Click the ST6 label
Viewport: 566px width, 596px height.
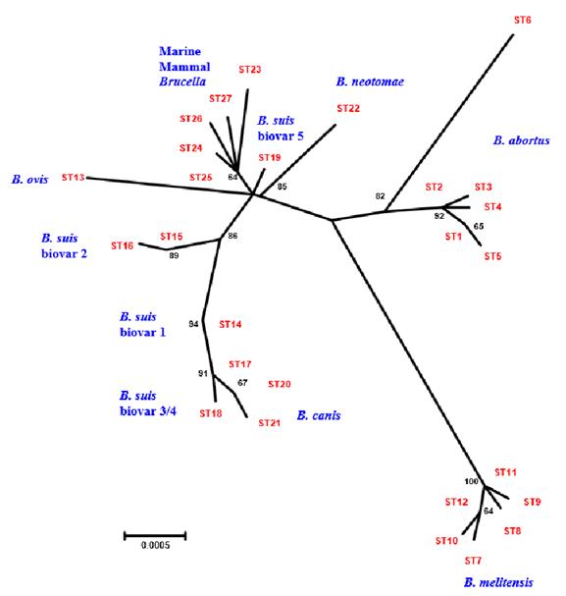[x=522, y=20]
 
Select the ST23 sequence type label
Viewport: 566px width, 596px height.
[x=250, y=70]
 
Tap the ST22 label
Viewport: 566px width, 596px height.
[x=348, y=108]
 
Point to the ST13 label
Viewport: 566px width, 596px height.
[x=73, y=177]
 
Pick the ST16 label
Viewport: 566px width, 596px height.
[x=122, y=245]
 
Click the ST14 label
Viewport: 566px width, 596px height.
[x=231, y=324]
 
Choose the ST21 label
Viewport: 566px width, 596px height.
[x=269, y=422]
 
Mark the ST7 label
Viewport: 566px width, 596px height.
[x=473, y=561]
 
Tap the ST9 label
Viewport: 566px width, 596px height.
[x=532, y=502]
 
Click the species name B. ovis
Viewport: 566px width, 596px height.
[x=30, y=180]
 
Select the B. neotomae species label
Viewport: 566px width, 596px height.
[x=370, y=81]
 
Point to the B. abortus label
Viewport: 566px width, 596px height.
[x=522, y=140]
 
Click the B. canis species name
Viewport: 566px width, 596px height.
[x=319, y=415]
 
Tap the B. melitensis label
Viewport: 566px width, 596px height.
[x=498, y=582]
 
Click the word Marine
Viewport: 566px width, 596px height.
[x=180, y=51]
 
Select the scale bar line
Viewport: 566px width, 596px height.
[x=155, y=536]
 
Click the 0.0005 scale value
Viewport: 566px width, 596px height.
[x=155, y=545]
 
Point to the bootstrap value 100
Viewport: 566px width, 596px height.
[x=471, y=481]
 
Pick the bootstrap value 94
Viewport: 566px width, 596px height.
[x=193, y=324]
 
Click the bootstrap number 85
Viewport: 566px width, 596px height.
[x=283, y=187]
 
